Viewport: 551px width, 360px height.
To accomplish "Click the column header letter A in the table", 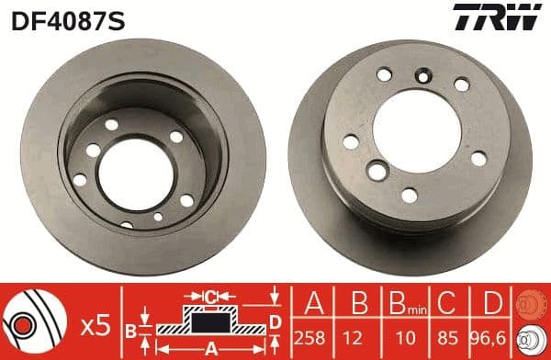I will (x=314, y=304).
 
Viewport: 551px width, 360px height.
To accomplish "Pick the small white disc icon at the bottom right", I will (x=529, y=340).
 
